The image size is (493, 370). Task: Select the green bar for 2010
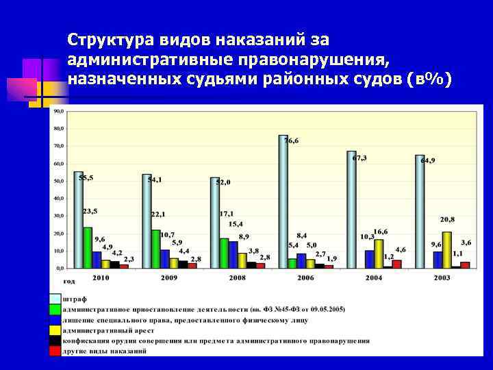pos(88,247)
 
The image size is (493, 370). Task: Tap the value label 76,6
pos(292,140)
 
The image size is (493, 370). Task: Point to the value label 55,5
pos(86,178)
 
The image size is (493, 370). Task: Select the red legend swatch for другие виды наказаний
pos(54,351)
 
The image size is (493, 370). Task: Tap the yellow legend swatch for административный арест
pos(54,330)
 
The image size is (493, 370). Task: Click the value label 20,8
pos(447,219)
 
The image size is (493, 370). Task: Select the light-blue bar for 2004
pos(351,209)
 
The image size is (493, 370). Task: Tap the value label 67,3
pos(359,158)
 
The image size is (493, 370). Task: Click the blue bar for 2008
pos(233,254)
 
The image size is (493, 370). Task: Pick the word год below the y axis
pos(69,281)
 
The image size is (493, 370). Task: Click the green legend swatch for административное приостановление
pos(54,309)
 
